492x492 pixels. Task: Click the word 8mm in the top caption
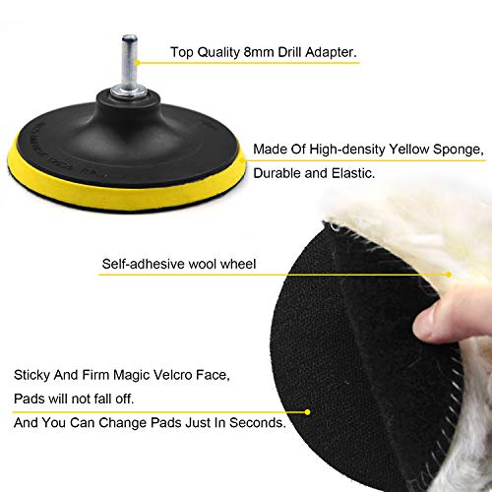coord(259,52)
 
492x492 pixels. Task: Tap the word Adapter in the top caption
coord(331,52)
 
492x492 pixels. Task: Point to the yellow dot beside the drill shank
coord(138,63)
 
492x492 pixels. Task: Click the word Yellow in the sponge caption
coord(408,150)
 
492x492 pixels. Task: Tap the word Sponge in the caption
coord(459,150)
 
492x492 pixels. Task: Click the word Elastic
coord(353,173)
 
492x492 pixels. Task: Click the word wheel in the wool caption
coord(238,264)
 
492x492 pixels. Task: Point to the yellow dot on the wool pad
coord(449,275)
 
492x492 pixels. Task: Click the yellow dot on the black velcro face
coord(307,412)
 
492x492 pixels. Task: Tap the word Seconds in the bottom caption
coord(258,422)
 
